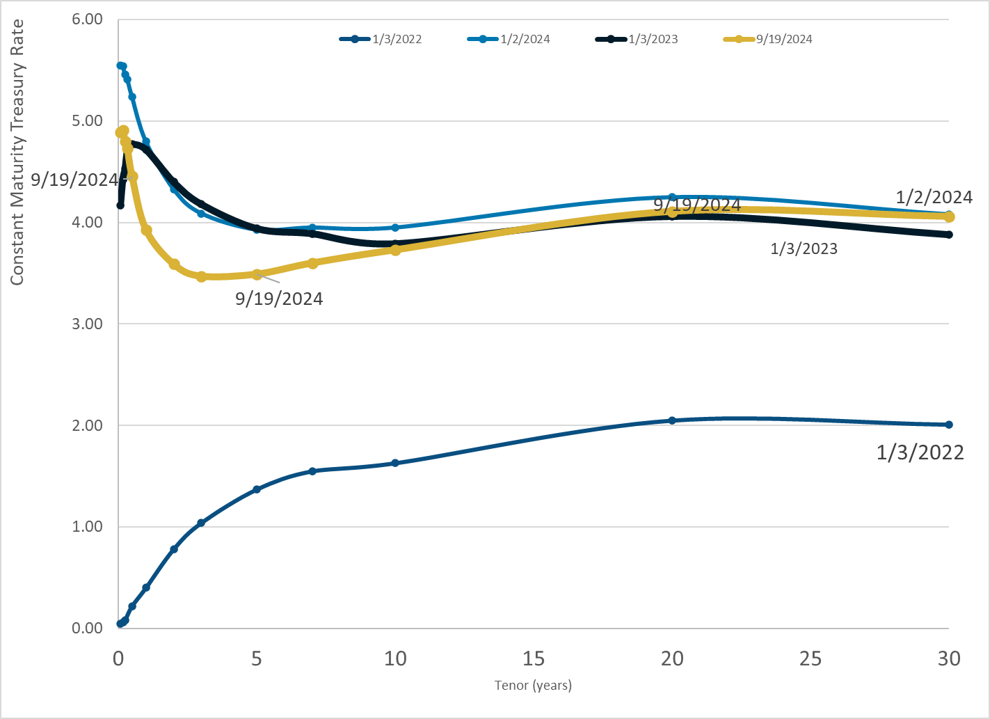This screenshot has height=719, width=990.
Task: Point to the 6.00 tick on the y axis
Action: coord(87,19)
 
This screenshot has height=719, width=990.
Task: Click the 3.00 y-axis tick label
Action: coord(87,324)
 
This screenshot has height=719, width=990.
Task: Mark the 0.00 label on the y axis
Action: coord(87,628)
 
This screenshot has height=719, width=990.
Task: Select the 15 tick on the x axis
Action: coord(534,658)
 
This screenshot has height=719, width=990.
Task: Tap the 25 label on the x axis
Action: coord(811,658)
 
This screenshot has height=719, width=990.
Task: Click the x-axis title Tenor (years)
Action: coord(533,686)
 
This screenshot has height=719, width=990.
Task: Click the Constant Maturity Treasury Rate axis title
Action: coord(17,152)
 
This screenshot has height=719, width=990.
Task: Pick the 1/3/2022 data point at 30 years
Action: coord(949,425)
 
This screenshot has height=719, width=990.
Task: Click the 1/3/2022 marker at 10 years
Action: coord(395,463)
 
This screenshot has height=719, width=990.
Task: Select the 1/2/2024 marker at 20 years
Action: coord(672,198)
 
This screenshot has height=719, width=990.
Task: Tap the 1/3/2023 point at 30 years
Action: coord(949,235)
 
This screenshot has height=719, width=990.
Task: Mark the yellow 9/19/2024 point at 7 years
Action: coord(312,263)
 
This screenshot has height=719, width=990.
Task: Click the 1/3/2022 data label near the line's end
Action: coord(920,453)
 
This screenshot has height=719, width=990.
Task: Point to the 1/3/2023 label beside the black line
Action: coord(804,248)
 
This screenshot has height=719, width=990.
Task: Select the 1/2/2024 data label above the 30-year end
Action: coord(934,197)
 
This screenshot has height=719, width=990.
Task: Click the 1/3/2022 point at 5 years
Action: coord(257,489)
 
